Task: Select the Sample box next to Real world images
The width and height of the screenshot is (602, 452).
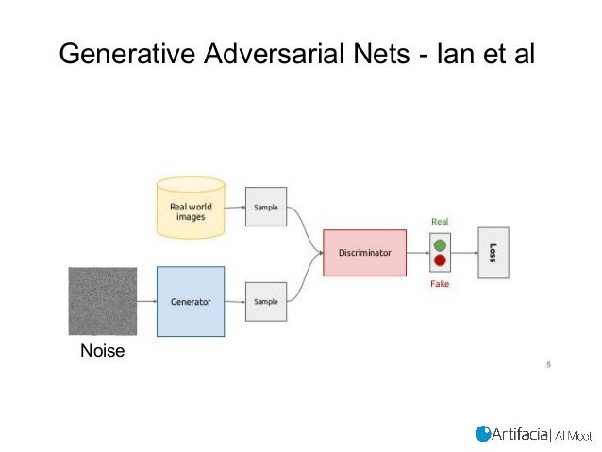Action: pyautogui.click(x=266, y=206)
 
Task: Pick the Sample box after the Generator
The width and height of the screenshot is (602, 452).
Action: pyautogui.click(x=266, y=302)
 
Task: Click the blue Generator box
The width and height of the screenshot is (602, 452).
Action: pyautogui.click(x=190, y=302)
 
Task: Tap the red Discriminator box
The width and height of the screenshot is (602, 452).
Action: pyautogui.click(x=363, y=253)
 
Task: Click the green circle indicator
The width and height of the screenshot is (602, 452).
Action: pyautogui.click(x=440, y=245)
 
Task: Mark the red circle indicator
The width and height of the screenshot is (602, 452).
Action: pyautogui.click(x=440, y=261)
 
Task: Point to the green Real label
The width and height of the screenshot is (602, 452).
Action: pyautogui.click(x=440, y=222)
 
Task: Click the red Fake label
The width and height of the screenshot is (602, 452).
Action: pyautogui.click(x=440, y=284)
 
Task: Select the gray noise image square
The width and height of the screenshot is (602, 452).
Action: pyautogui.click(x=102, y=301)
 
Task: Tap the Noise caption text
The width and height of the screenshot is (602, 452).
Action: pyautogui.click(x=102, y=352)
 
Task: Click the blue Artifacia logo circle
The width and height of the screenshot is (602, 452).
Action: pyautogui.click(x=483, y=433)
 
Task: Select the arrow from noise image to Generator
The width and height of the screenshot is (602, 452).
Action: pyautogui.click(x=146, y=302)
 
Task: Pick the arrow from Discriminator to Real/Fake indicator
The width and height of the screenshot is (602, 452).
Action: pyautogui.click(x=417, y=253)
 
